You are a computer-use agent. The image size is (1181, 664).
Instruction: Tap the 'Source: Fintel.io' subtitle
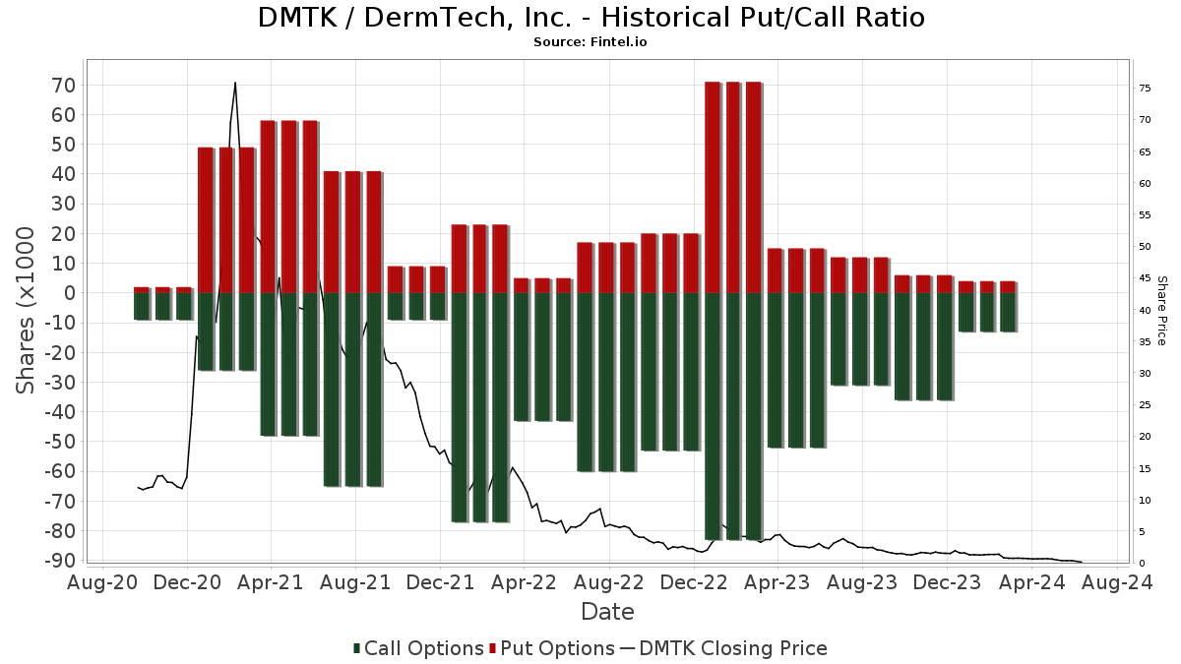(x=590, y=42)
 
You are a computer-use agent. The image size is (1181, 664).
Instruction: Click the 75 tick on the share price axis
(x=1145, y=89)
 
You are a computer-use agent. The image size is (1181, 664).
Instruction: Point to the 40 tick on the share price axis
(x=1145, y=310)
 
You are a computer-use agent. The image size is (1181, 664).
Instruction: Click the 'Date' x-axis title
(x=607, y=612)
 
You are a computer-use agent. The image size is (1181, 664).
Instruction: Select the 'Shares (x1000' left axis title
(x=27, y=310)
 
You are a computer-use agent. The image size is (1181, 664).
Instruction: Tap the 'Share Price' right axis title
(x=1161, y=310)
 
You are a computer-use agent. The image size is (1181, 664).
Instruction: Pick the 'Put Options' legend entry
(x=557, y=648)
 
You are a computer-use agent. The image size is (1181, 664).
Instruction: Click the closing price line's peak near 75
(x=235, y=83)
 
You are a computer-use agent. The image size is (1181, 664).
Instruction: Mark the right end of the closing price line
(x=1082, y=562)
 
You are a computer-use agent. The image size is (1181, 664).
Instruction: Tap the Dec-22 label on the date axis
(x=693, y=582)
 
